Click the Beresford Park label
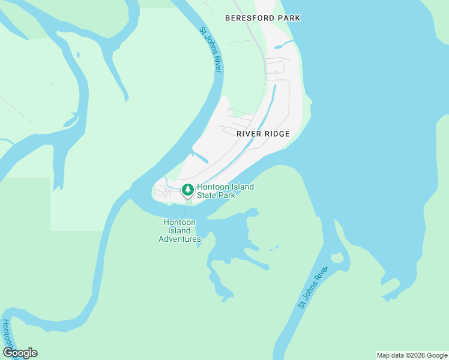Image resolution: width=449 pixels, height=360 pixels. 262,18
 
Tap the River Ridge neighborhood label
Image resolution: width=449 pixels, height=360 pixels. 263,134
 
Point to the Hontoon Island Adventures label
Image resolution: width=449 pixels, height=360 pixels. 179,230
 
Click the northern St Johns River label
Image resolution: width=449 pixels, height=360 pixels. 211,50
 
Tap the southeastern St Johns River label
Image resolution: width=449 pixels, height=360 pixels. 313,289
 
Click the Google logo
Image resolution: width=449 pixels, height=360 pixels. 20,353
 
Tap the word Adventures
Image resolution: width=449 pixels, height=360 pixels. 179,239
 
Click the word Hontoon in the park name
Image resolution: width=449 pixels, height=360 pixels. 213,187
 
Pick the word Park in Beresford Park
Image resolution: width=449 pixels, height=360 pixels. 289,18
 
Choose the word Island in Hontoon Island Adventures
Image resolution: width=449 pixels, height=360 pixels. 179,230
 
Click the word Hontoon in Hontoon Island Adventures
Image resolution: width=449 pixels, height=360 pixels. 179,222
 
